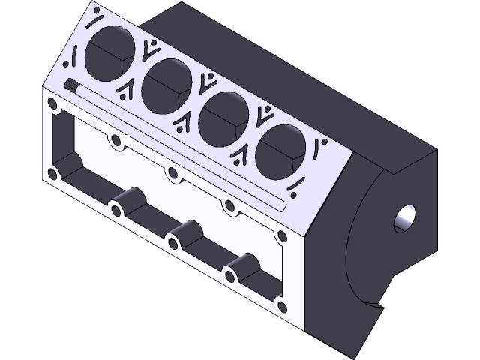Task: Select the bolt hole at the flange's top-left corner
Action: click(x=52, y=103)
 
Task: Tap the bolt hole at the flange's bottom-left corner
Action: click(x=52, y=173)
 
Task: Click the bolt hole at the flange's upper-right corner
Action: click(x=282, y=238)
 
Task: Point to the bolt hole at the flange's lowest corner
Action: click(x=282, y=306)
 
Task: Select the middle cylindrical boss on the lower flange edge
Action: click(x=183, y=235)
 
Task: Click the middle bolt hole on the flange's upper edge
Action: click(x=173, y=174)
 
